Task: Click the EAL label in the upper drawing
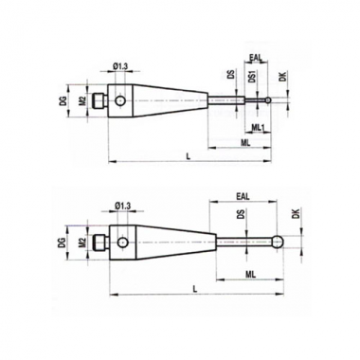pyautogui.click(x=256, y=58)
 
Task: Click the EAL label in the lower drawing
pyautogui.click(x=243, y=196)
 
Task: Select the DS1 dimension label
pyautogui.click(x=252, y=76)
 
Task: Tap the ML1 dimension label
pyautogui.click(x=260, y=127)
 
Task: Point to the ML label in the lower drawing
pyautogui.click(x=250, y=275)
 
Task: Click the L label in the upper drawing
pyautogui.click(x=189, y=156)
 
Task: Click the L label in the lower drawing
pyautogui.click(x=195, y=288)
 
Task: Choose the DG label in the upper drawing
pyautogui.click(x=63, y=100)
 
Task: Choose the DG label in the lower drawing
pyautogui.click(x=63, y=243)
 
